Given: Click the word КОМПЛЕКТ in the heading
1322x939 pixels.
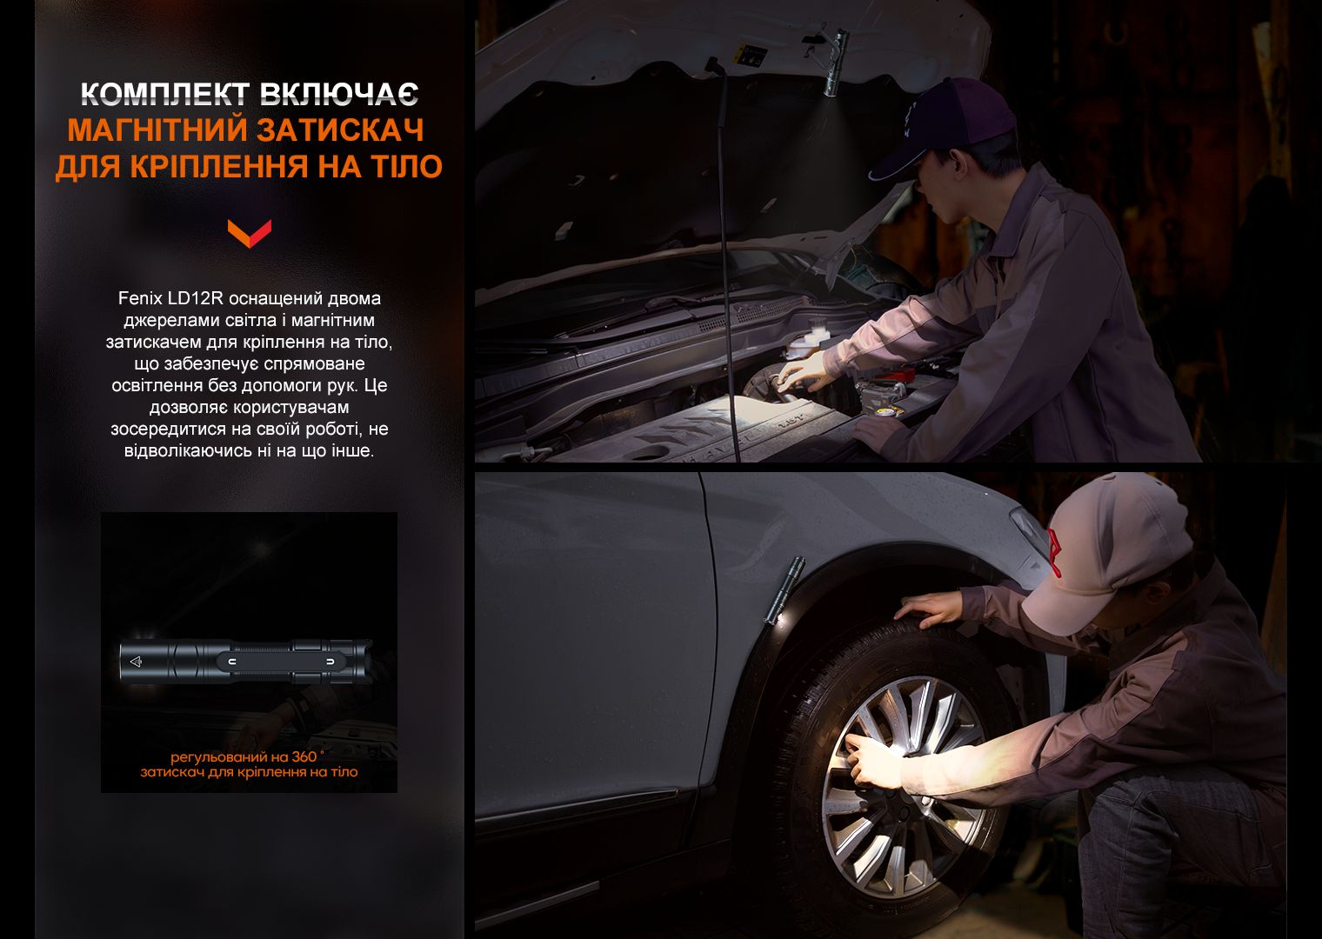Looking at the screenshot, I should pos(165,95).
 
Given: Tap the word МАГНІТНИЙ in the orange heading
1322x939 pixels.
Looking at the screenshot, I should pos(153,130).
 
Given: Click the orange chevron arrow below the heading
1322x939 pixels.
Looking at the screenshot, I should pos(250,233).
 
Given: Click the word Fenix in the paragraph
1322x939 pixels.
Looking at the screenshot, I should pos(140,298).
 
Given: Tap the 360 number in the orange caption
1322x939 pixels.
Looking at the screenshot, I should pos(304,756).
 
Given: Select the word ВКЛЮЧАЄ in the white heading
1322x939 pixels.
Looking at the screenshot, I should pos(339,95).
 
